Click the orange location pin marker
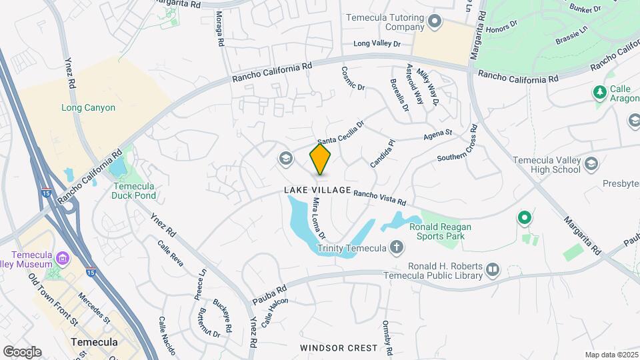tap(321, 159)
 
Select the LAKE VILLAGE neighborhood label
tap(317, 191)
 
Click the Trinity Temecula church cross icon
tap(397, 248)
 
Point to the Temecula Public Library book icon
tap(493, 269)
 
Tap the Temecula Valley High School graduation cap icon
tap(591, 164)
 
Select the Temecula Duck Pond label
tap(134, 191)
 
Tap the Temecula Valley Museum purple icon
tap(63, 258)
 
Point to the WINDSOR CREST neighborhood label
tap(339, 348)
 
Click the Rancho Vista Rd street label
tap(380, 197)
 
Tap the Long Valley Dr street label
tap(377, 44)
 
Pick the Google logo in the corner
tap(22, 351)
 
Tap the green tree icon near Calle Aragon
tap(599, 91)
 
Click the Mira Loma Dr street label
tap(319, 218)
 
